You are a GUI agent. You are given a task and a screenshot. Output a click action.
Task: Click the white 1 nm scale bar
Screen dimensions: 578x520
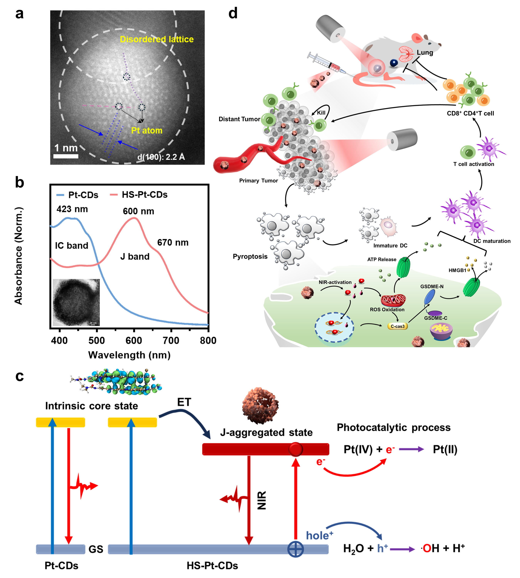click(x=66, y=156)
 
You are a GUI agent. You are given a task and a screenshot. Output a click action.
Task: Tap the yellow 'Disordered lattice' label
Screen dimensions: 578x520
click(x=157, y=39)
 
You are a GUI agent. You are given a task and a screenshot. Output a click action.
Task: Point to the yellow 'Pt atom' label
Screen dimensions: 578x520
click(x=147, y=131)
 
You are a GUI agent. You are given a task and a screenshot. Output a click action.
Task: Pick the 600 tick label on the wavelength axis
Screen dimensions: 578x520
click(x=134, y=340)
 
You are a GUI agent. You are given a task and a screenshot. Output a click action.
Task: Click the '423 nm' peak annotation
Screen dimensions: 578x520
click(x=72, y=209)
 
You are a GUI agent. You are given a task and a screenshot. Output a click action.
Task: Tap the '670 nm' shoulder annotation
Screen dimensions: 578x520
click(x=173, y=243)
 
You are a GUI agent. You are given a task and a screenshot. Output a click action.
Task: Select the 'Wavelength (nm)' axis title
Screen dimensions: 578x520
click(x=129, y=355)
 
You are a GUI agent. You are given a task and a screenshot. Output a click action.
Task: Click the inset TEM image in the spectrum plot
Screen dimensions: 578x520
click(x=76, y=302)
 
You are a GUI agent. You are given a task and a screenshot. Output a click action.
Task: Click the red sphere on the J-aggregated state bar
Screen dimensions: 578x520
click(x=295, y=449)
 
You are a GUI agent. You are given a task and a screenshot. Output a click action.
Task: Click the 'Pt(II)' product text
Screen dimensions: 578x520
click(x=445, y=449)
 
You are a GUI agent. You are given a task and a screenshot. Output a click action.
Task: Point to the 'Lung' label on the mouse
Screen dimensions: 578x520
click(x=425, y=53)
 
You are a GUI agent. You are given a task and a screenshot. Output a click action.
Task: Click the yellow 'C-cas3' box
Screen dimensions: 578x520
click(x=398, y=326)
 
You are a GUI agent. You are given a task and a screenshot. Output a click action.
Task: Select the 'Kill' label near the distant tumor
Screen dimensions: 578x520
click(x=321, y=113)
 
